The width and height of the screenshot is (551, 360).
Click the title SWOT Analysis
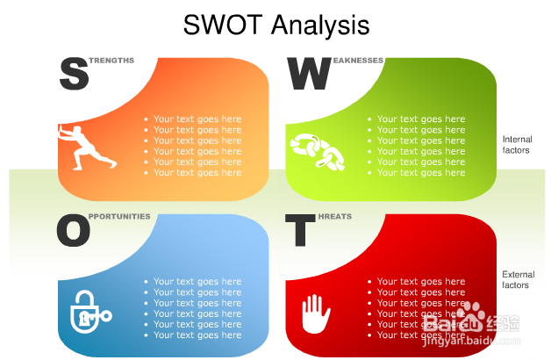(x=276, y=25)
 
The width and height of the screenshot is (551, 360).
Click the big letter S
(x=74, y=74)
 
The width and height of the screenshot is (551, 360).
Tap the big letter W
(x=309, y=74)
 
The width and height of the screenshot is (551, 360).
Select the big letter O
(x=74, y=230)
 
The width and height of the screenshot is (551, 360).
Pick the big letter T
(x=300, y=230)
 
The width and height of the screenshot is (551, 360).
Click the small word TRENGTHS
(x=111, y=61)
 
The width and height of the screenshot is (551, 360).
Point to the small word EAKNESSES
(x=358, y=61)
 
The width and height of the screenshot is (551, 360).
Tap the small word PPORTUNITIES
(x=119, y=216)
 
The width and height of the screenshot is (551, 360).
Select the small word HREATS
(x=335, y=216)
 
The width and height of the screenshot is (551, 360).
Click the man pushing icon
(x=86, y=148)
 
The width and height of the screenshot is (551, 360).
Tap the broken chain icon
(x=317, y=152)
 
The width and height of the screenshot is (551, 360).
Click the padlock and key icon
(x=90, y=312)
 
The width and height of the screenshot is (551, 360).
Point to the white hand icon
(x=316, y=313)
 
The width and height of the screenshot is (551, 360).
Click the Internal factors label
(x=517, y=145)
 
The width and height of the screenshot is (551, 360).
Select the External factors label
(x=518, y=279)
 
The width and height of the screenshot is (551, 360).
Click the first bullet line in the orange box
(x=193, y=119)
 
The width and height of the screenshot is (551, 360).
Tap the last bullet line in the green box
(x=417, y=173)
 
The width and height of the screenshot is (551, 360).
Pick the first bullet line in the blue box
(x=193, y=281)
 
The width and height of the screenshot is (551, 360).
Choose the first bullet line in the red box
(x=417, y=281)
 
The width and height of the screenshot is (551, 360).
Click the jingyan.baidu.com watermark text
(x=471, y=341)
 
